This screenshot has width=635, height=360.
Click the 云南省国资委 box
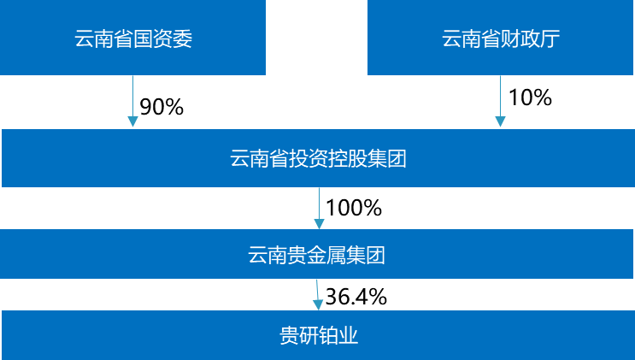point(132,38)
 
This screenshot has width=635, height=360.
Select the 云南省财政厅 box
point(501,38)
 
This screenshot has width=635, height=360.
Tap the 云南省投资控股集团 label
point(317,159)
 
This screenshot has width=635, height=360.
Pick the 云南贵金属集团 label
point(317,254)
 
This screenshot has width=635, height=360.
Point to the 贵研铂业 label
point(318,336)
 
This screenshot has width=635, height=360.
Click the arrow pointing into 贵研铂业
point(318,294)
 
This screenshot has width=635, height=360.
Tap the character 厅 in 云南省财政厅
point(550,39)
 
